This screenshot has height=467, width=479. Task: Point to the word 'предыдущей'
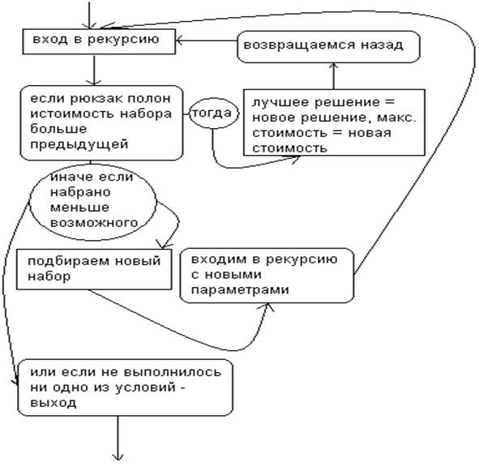point(79,144)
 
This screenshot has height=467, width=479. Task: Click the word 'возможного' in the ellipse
point(94,223)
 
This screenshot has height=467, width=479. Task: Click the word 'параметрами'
point(240,289)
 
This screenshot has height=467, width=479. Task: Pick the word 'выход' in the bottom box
point(53,403)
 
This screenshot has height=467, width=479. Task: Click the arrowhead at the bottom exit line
point(118,457)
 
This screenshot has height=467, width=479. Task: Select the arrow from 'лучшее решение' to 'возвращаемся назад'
point(334,76)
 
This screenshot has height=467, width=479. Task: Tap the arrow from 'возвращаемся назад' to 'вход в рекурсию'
point(207,41)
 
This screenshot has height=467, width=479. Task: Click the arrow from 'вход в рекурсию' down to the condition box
point(94,70)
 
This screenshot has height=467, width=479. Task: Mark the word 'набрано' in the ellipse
point(80,192)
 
